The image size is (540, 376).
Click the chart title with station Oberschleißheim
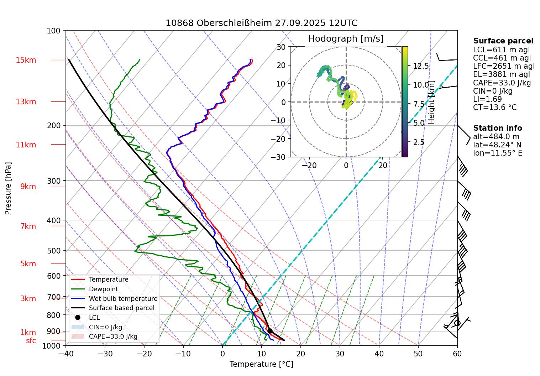click(x=261, y=23)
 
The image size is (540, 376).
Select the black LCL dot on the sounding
click(x=270, y=331)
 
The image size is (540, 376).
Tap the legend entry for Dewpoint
click(x=103, y=289)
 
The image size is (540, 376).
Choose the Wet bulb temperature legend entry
click(x=123, y=299)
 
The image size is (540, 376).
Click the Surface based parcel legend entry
click(x=121, y=308)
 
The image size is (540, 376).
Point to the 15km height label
click(x=26, y=60)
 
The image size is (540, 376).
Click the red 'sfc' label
click(x=31, y=341)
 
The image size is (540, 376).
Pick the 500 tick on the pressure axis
click(x=54, y=251)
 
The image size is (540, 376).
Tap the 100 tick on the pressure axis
click(x=54, y=31)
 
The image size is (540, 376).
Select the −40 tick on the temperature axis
click(x=66, y=354)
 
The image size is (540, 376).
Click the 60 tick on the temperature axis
click(x=457, y=354)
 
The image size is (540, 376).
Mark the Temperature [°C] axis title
click(x=261, y=364)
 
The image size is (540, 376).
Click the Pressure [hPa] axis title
click(x=8, y=188)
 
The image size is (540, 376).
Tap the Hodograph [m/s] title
click(x=346, y=38)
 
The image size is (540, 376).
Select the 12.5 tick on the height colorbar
click(x=421, y=66)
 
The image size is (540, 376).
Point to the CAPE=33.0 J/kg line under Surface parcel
click(x=502, y=83)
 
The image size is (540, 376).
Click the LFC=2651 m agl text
click(x=504, y=66)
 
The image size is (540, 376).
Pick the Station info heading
click(x=497, y=128)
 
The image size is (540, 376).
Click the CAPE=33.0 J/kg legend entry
click(x=113, y=336)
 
